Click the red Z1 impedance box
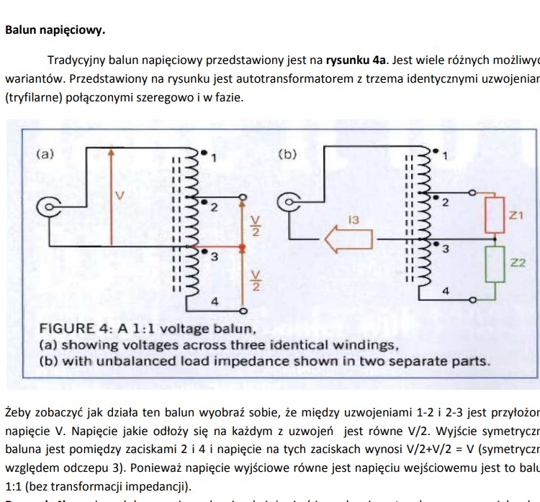click(x=495, y=214)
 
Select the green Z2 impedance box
click(x=495, y=264)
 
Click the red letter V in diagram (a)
click(x=120, y=195)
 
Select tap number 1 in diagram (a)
click(x=214, y=157)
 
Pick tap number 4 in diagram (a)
click(x=214, y=301)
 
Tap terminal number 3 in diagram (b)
click(x=445, y=249)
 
